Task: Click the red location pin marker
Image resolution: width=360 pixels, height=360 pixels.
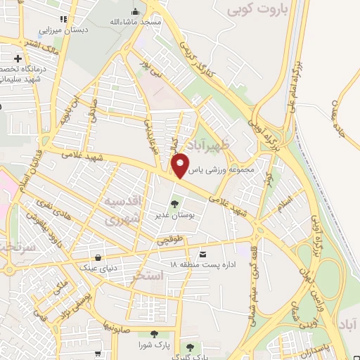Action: [x=181, y=165]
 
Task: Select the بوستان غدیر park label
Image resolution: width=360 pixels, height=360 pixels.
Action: [x=176, y=216]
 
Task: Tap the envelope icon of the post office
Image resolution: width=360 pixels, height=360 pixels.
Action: [x=204, y=253]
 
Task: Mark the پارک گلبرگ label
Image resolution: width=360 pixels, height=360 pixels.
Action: [x=192, y=357]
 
